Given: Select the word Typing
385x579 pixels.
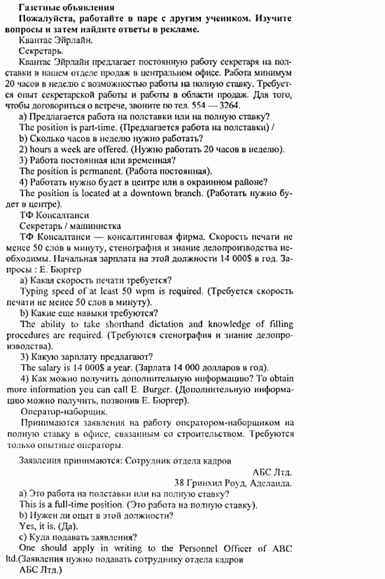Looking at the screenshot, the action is tap(34, 290).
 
